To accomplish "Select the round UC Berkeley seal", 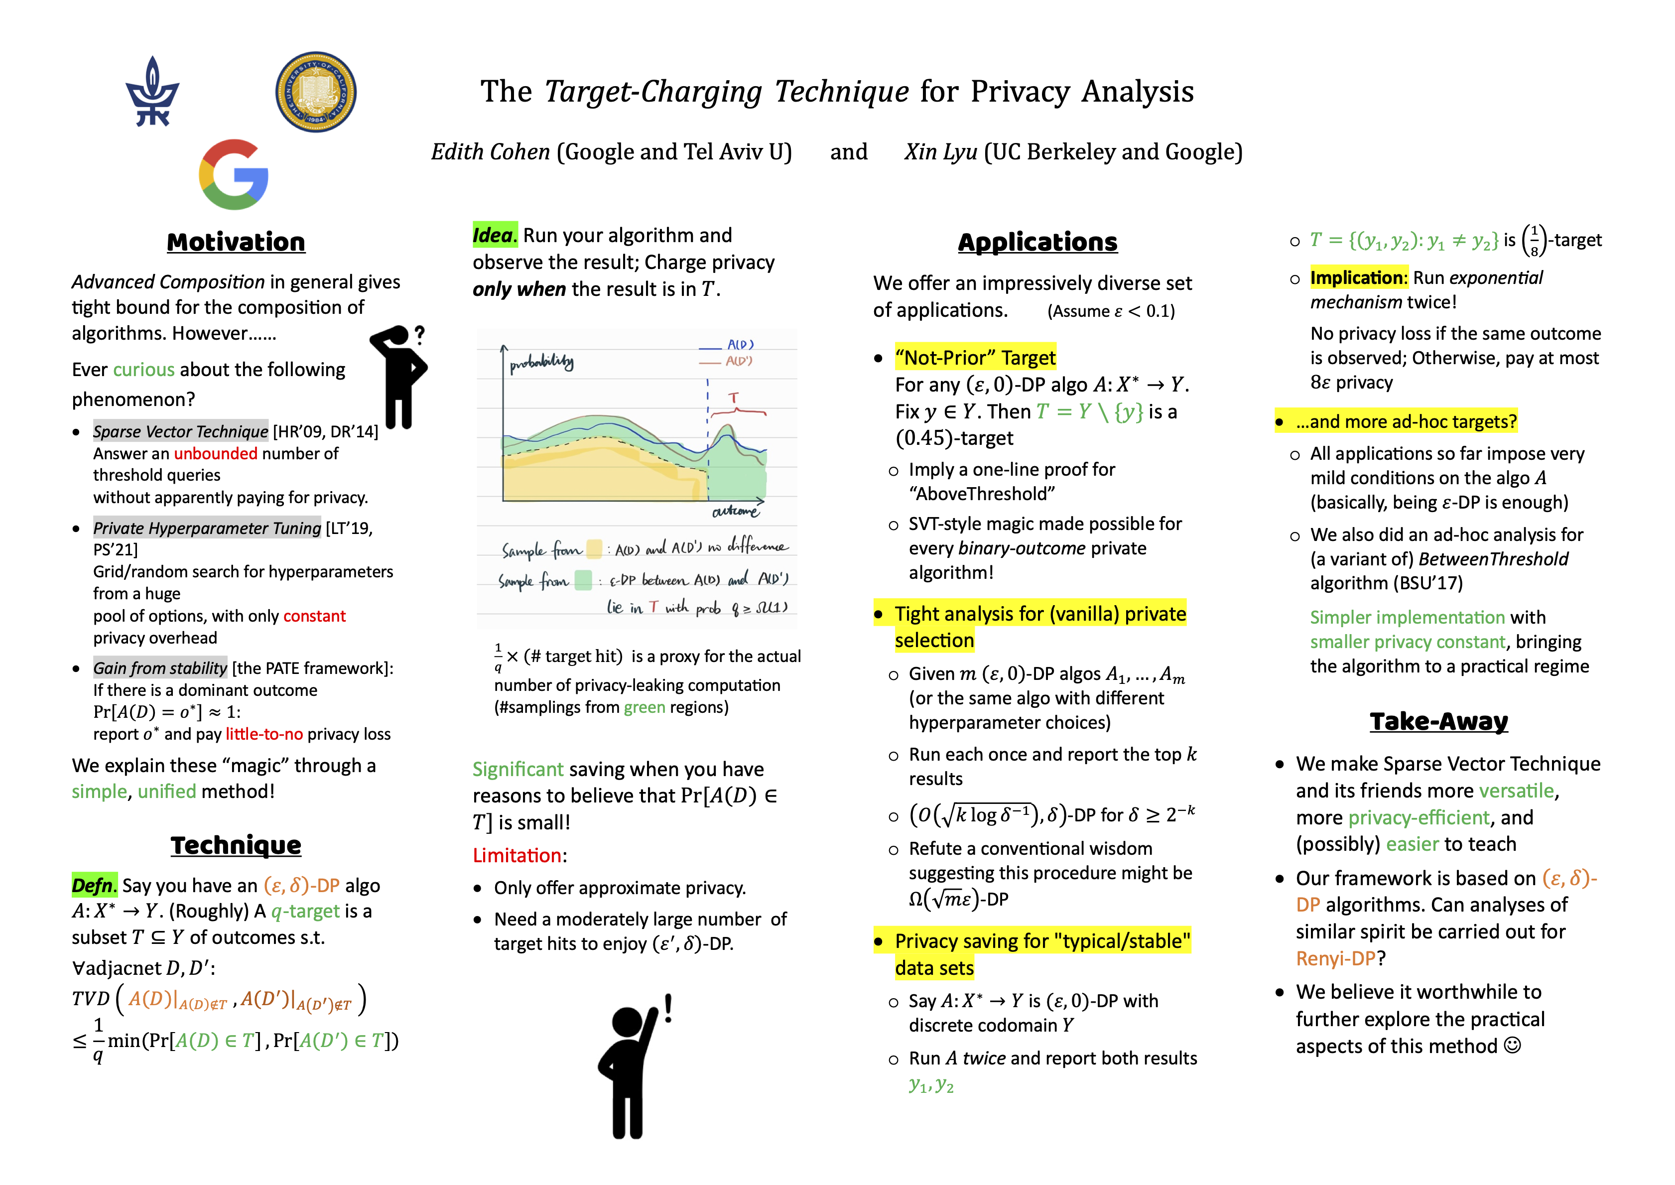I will [316, 92].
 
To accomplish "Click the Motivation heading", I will [236, 242].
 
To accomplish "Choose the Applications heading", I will [1037, 242].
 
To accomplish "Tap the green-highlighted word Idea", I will [494, 235].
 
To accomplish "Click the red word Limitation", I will [516, 855].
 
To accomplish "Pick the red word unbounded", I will [215, 454].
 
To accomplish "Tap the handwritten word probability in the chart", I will [541, 363].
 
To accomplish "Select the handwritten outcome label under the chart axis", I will [735, 512].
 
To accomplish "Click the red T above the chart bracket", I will [733, 397].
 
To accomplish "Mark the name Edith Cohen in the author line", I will [490, 152].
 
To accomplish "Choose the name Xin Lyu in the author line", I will [940, 152].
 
